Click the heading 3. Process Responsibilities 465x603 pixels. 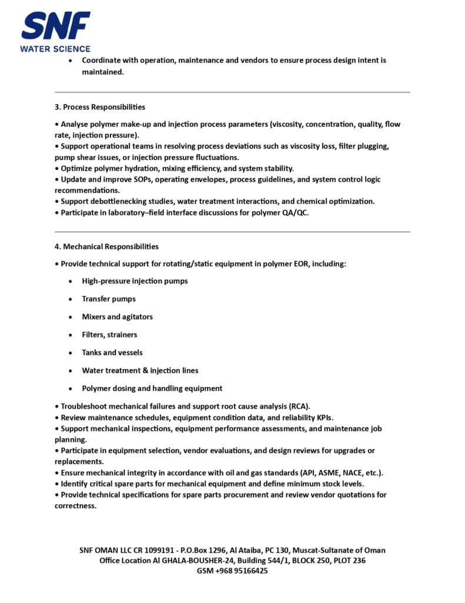(99, 107)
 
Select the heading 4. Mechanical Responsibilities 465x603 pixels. (106, 247)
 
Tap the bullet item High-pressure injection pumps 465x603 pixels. (135, 281)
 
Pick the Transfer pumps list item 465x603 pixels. (109, 299)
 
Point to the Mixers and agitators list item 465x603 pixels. (117, 317)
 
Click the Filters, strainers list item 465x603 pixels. (109, 335)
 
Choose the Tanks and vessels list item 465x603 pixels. (112, 353)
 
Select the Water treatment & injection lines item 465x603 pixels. (140, 370)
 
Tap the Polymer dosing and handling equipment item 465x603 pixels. (152, 389)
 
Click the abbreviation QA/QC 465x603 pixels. (294, 213)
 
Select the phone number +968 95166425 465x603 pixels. (241, 571)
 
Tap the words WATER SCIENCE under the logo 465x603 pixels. (55, 49)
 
